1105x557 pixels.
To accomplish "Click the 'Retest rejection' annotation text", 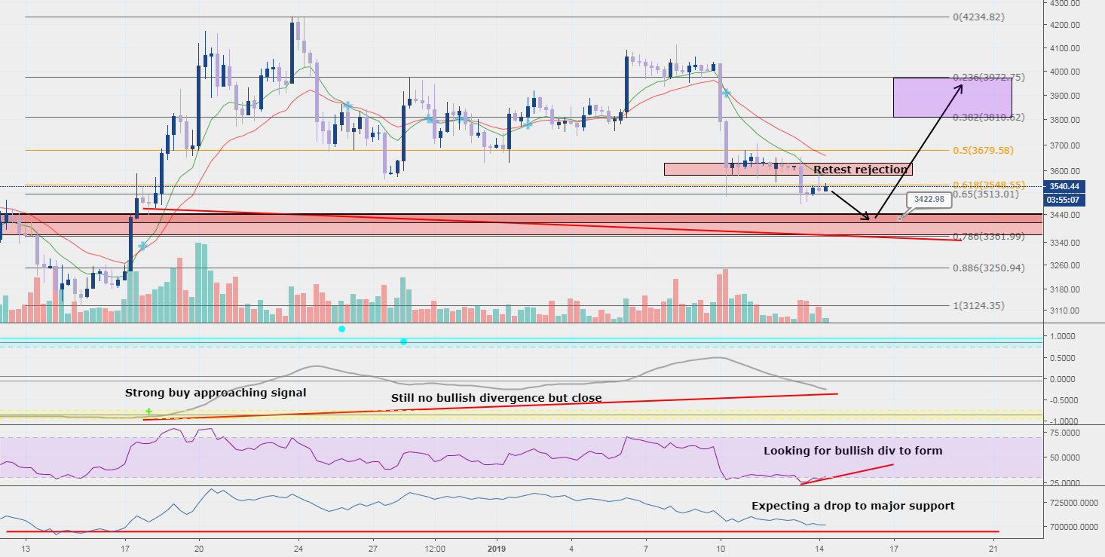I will [861, 170].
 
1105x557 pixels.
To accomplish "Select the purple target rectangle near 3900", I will [952, 97].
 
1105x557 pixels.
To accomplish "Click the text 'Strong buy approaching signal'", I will [216, 393].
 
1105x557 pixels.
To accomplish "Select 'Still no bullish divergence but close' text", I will [496, 398].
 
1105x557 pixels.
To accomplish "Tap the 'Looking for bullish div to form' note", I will [852, 451].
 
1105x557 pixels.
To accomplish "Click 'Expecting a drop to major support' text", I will [852, 506].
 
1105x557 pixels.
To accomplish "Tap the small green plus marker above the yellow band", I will [148, 411].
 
